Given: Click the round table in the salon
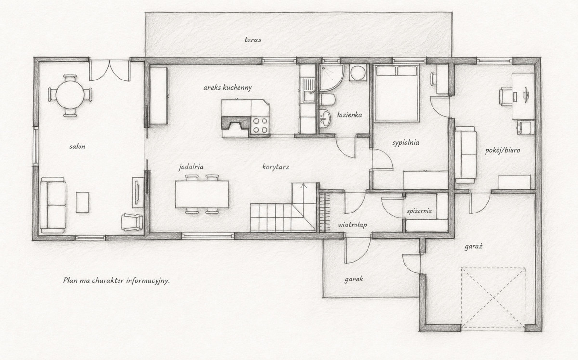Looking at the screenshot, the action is click(x=70, y=95).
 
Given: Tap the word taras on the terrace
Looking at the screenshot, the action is click(x=252, y=40).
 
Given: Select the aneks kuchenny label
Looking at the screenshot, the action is click(x=227, y=88).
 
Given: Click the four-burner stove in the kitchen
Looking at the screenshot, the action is click(x=260, y=125).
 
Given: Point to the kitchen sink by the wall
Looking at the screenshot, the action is click(x=309, y=89).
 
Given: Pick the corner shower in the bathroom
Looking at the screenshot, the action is click(x=331, y=77).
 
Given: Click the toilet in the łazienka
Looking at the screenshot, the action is click(x=328, y=99).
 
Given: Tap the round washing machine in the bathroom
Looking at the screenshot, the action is click(x=357, y=73).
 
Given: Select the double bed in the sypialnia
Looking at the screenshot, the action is click(x=396, y=93).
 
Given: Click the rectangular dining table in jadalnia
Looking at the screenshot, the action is click(x=202, y=194).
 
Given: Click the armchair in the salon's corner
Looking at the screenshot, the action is click(x=132, y=222).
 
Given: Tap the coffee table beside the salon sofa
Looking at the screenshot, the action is click(x=82, y=202).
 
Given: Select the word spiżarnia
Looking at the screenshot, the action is click(x=420, y=211).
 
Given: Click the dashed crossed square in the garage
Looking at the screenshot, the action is click(x=493, y=298).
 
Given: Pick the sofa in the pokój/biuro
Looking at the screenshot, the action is click(x=465, y=155).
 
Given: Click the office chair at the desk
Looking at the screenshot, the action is click(x=506, y=96).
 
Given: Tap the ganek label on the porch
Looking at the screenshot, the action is click(x=354, y=280).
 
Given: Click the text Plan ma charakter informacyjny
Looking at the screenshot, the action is click(x=116, y=280).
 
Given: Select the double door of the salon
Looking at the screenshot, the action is click(x=110, y=71).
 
